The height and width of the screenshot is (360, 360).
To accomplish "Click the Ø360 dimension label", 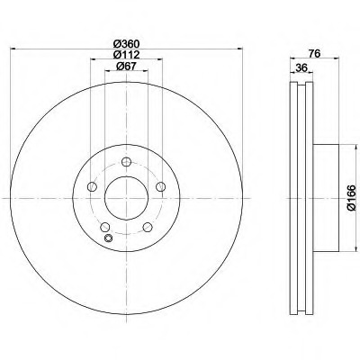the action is pos(126,44).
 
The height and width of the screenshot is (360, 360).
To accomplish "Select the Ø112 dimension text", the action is pos(126,55).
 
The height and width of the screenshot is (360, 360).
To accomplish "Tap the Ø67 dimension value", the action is pos(126,67).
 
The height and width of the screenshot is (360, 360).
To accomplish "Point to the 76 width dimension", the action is pos(315,53).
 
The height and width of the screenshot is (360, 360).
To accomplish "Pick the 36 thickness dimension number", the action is pos(301,68).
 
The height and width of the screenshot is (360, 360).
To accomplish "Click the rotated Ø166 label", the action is pos(351,198).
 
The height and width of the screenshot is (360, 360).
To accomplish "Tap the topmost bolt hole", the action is pos(126,162).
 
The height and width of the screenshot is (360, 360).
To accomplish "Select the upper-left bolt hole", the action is pos(92,186).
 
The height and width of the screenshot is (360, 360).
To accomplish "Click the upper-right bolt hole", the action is pos(161,186).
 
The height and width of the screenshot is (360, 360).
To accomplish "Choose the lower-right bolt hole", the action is pos(148,227).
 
